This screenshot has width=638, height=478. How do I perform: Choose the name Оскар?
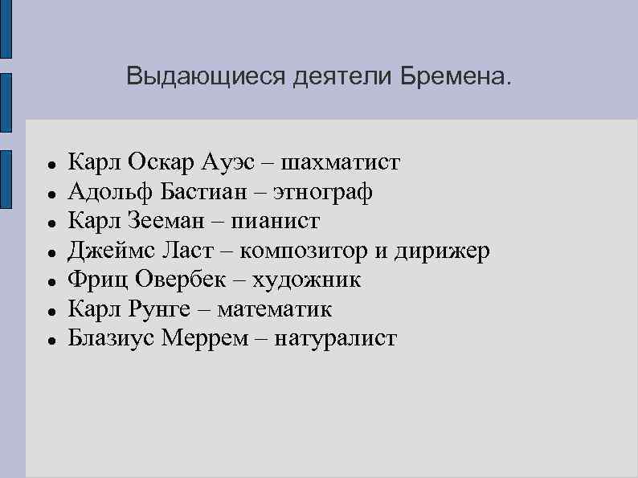[x=163, y=163]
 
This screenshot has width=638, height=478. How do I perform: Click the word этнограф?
[x=323, y=192]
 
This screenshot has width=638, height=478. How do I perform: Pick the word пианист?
[x=279, y=221]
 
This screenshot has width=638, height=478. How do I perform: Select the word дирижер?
[x=441, y=251]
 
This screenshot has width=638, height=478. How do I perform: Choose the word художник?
[x=307, y=280]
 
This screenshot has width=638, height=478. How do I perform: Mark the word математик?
[x=274, y=309]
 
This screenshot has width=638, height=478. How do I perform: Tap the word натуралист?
[x=336, y=338]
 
